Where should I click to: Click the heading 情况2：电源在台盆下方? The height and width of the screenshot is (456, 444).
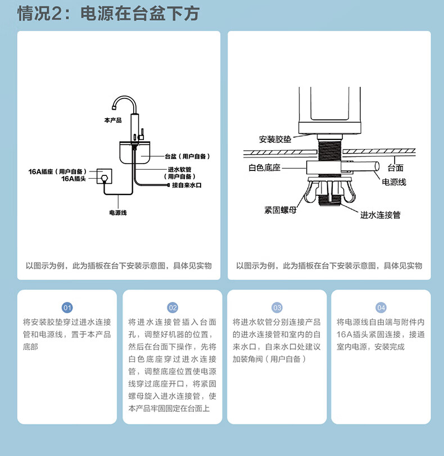[x=108, y=13]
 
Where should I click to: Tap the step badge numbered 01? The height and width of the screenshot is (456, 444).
[x=67, y=308]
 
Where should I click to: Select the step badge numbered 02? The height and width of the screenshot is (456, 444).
[x=173, y=308]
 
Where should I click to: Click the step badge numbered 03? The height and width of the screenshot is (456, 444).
[x=277, y=308]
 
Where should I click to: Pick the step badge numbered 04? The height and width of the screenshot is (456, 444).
[x=382, y=308]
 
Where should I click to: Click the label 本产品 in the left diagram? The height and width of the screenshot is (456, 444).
[x=112, y=120]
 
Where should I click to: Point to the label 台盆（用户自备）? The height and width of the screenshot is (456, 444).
[x=187, y=156]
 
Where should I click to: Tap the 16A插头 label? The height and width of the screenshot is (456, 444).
[x=74, y=178]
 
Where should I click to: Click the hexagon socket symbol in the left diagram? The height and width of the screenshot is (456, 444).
[x=103, y=177]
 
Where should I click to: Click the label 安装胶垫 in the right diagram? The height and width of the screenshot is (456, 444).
[x=275, y=139]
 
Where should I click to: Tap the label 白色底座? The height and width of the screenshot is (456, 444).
[x=265, y=168]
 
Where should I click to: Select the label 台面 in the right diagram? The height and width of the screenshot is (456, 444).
[x=396, y=168]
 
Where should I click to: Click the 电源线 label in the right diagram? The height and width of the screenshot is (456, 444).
[x=394, y=182]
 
